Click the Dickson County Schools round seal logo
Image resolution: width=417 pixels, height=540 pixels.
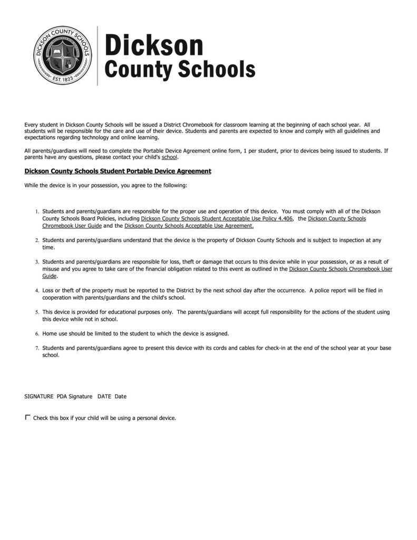tap(63, 55)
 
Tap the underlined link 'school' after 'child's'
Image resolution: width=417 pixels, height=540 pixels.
tap(169, 157)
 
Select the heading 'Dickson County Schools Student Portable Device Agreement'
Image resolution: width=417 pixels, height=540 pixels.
tap(118, 171)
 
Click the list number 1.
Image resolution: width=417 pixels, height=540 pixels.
tap(37, 211)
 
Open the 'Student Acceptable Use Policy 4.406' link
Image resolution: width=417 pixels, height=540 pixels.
tap(217, 218)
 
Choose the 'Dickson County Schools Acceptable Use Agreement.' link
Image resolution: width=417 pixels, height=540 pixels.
tap(189, 226)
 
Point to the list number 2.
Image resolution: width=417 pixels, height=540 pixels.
tap(37, 240)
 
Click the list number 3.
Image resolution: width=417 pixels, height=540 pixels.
tap(37, 262)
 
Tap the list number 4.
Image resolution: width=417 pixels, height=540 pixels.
tap(37, 291)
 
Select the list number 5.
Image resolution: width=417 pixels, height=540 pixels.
tap(37, 312)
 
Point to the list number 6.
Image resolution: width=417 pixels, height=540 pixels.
tap(37, 334)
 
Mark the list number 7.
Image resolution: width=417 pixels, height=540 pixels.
tap(37, 348)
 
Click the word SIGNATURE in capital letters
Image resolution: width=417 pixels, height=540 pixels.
tap(38, 397)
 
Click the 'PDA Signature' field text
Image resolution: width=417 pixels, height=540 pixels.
tap(74, 397)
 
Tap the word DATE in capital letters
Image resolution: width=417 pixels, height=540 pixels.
tap(104, 397)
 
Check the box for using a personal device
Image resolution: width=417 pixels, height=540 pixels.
tap(28, 418)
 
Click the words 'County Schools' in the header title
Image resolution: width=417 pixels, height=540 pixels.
tap(180, 70)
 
